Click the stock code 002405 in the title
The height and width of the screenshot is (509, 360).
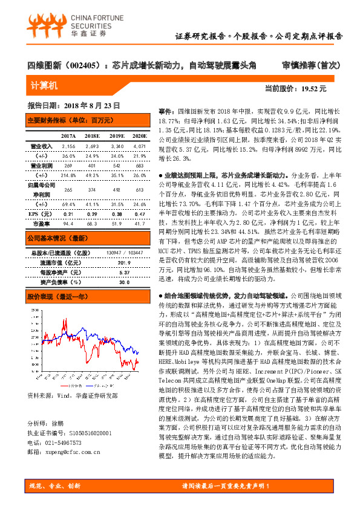pos(77,63)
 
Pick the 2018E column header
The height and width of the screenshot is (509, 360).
pos(91,136)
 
